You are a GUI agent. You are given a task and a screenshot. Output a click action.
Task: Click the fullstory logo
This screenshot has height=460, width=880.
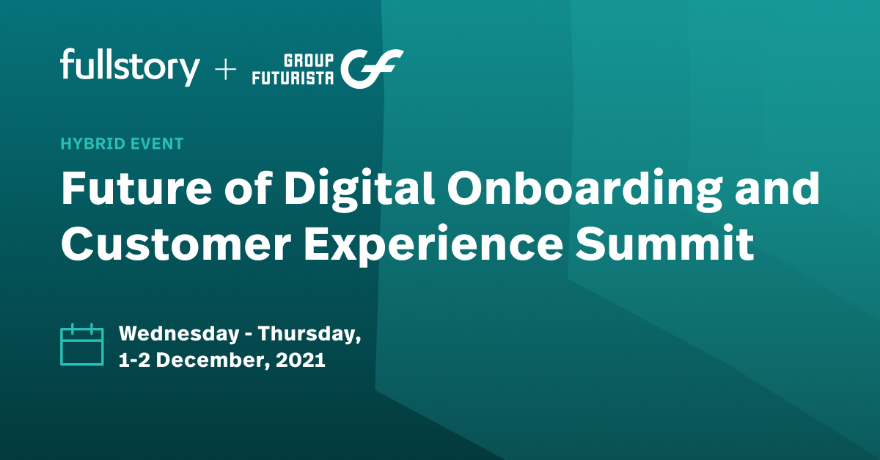130,67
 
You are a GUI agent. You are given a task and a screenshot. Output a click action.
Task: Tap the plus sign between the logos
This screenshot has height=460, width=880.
225,70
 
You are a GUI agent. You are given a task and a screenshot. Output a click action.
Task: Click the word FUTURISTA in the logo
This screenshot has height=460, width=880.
293,78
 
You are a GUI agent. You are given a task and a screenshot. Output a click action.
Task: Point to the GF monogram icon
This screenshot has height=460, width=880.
375,68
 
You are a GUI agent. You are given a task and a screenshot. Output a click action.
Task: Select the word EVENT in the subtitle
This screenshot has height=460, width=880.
156,143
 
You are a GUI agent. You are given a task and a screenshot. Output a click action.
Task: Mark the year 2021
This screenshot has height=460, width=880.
301,361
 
